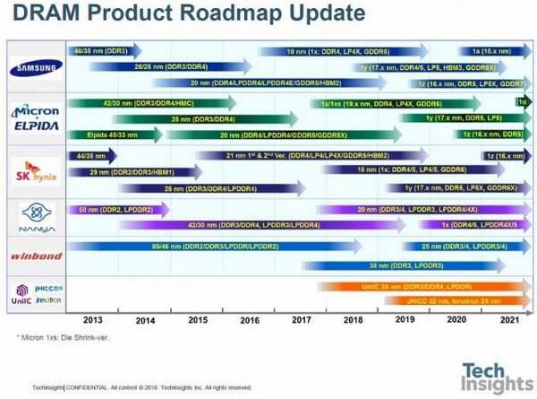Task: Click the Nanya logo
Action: coord(34,216)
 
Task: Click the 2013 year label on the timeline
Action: coord(92,318)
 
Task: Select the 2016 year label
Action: coord(249,318)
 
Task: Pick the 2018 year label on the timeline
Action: coord(353,318)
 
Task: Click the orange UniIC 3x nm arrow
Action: coord(421,286)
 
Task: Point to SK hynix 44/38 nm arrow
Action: coord(86,154)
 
